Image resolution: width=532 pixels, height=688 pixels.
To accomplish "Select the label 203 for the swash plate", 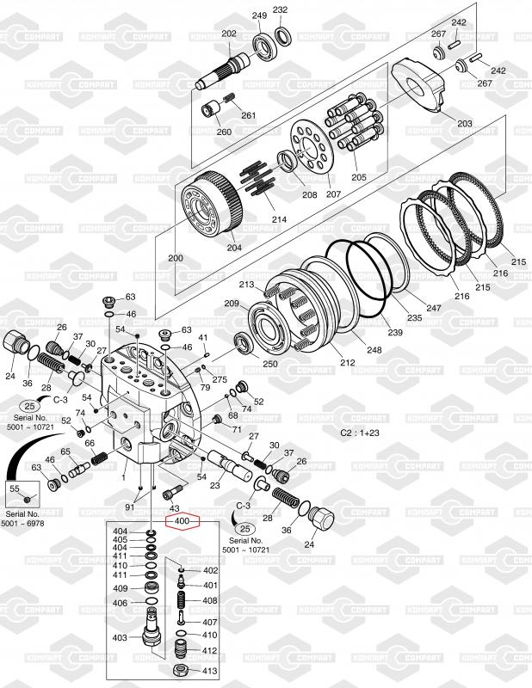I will (465, 124).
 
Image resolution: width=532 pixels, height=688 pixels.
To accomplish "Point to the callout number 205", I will (358, 177).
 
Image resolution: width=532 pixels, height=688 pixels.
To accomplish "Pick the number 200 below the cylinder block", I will (176, 258).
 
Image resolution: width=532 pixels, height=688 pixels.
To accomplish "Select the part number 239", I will (394, 332).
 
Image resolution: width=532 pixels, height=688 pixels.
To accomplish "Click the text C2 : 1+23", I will (360, 433).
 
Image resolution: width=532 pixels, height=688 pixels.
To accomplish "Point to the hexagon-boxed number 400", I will (182, 521).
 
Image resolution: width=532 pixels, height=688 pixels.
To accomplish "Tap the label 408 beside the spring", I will (210, 600).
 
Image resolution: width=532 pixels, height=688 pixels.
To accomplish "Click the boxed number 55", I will (14, 488).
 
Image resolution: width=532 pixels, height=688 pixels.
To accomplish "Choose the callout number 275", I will (220, 379).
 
